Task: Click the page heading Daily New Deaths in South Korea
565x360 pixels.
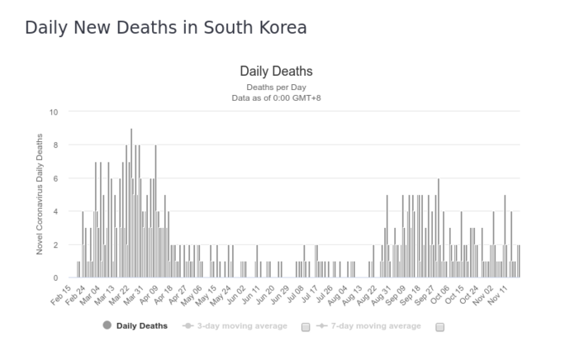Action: click(166, 27)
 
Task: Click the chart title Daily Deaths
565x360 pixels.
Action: click(276, 71)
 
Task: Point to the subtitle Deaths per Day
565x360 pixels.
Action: click(276, 87)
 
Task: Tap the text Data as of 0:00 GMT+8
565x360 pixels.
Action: click(276, 98)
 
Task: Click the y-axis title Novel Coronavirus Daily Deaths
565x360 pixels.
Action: click(40, 195)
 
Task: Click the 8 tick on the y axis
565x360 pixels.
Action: click(55, 145)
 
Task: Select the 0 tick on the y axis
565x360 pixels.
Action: click(55, 278)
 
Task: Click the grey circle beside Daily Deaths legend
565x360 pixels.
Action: click(107, 326)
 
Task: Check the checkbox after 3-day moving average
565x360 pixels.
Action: click(306, 327)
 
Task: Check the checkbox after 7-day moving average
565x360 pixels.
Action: click(439, 327)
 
